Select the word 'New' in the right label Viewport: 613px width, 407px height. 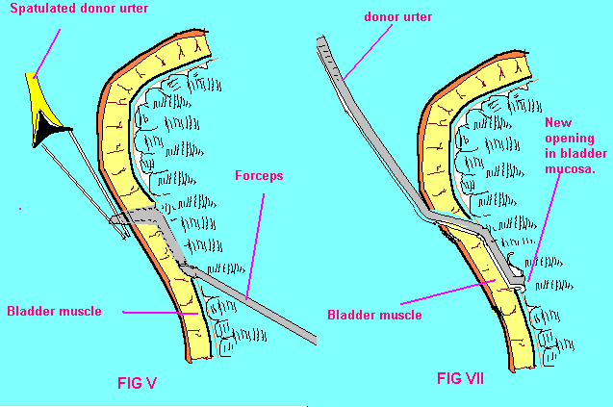[559, 122]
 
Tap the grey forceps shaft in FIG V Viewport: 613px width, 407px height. [260, 304]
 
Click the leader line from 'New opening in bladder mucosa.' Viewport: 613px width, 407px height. [541, 231]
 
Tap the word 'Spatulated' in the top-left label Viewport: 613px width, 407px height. [39, 17]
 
